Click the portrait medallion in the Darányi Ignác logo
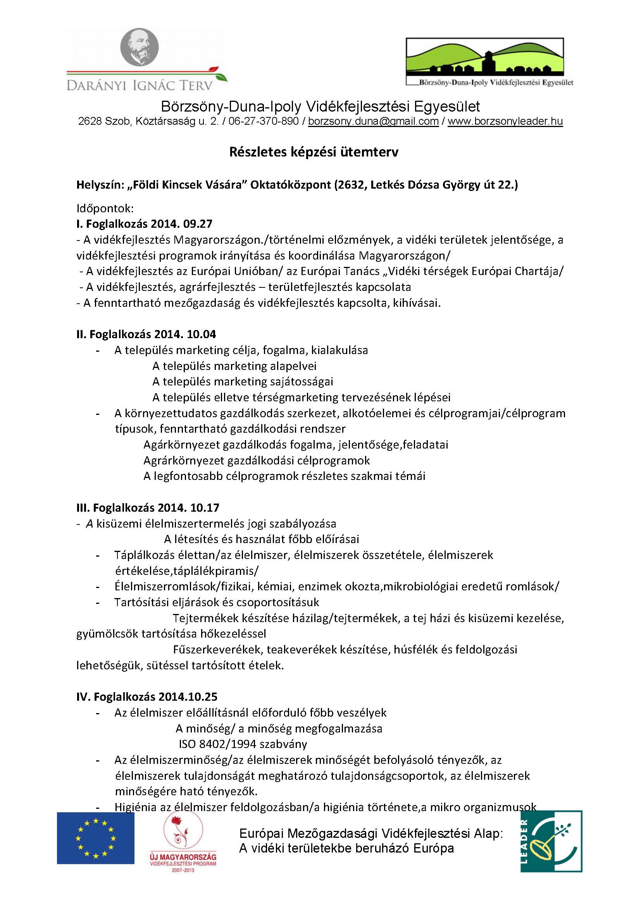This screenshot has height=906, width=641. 139,49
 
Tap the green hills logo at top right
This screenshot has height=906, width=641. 485,58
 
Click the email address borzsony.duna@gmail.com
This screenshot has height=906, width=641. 373,122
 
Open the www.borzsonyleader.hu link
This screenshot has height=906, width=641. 505,122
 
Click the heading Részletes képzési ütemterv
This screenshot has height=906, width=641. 314,152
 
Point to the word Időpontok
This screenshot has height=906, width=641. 105,208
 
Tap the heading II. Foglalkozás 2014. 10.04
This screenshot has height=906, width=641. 146,334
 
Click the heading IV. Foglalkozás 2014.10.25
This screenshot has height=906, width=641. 147,696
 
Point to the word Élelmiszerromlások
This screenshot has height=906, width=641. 163,586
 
